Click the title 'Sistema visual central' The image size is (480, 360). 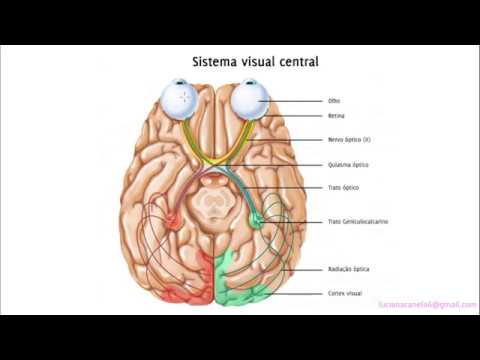pos(255,62)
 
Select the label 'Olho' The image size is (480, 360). pos(334,101)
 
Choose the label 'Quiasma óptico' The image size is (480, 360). pos(347,164)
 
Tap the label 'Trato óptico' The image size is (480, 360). pos(343,188)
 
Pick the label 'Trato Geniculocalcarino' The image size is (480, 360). pos(358,221)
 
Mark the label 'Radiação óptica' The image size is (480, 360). pos(348,269)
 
